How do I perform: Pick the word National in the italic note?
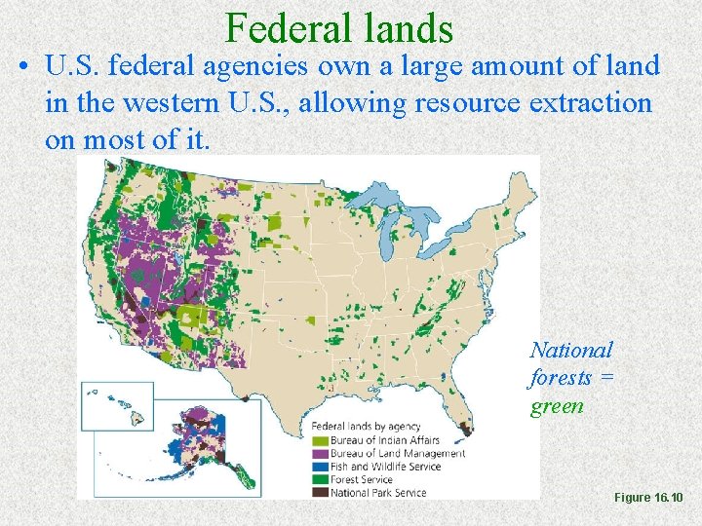click(x=571, y=350)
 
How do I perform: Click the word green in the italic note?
click(x=557, y=405)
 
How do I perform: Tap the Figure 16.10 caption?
click(x=648, y=498)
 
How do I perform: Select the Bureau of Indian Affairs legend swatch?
click(x=319, y=440)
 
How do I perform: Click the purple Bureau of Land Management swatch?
click(x=319, y=453)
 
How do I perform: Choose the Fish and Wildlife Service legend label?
click(x=385, y=466)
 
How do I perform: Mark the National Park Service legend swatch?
click(x=319, y=492)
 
